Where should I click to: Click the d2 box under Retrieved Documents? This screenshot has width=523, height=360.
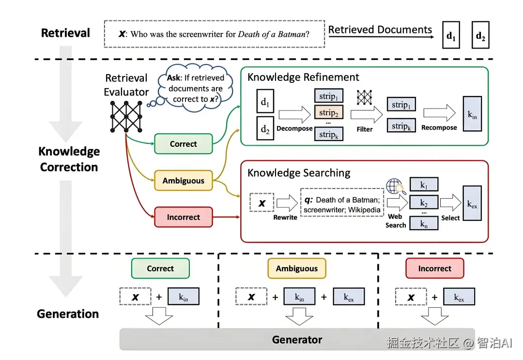480,35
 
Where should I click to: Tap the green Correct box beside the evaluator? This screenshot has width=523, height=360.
184,144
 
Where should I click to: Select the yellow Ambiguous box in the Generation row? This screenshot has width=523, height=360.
297,268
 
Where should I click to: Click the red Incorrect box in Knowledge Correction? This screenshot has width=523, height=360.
184,217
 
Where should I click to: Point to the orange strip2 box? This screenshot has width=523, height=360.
328,113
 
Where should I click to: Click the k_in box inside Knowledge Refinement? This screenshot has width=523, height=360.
472,114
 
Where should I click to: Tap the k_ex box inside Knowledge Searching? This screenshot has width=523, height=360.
472,203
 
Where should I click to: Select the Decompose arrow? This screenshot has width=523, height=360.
294,114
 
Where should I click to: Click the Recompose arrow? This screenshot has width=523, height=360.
439,113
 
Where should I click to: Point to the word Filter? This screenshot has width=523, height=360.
365,129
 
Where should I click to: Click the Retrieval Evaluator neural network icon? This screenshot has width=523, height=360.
126,116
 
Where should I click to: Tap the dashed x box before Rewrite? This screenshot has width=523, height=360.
262,203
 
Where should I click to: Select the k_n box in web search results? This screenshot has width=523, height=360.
424,223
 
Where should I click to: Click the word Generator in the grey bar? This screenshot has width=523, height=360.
297,340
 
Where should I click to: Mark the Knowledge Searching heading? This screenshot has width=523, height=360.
299,173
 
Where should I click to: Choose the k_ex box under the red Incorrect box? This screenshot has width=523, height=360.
459,297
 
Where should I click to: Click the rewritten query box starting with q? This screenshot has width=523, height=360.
342,203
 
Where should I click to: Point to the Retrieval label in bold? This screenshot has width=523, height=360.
65,33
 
